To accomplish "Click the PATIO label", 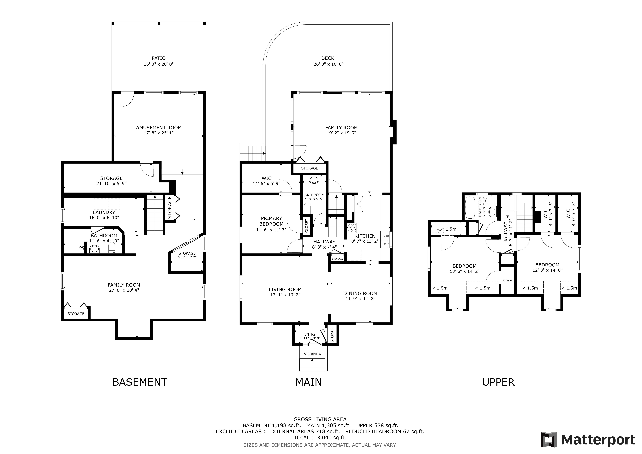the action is (159, 58).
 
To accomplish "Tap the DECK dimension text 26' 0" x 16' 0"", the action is (328, 64).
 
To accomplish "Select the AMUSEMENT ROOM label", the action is (159, 127).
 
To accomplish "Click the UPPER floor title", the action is (498, 382).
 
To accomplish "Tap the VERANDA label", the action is (312, 354).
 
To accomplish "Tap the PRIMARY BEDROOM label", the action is (271, 221).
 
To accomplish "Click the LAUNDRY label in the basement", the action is (104, 212).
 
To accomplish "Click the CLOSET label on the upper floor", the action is (507, 280).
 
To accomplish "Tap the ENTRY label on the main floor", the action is (310, 334).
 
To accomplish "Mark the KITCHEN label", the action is (365, 236).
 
